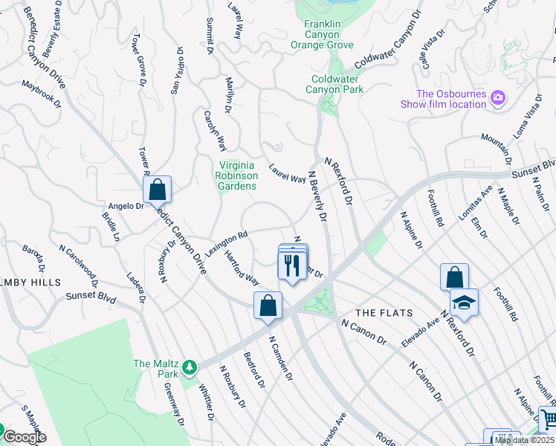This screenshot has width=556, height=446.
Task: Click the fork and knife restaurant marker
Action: coord(291,265)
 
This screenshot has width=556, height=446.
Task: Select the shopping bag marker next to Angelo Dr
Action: coord(157,190)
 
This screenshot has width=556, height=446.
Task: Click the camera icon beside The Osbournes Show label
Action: coord(497,98)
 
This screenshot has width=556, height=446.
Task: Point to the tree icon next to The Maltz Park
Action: coord(190,366)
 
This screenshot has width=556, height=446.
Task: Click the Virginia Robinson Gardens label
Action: coord(237,175)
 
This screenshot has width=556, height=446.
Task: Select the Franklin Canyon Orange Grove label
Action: coord(332,34)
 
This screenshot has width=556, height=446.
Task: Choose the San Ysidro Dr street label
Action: coord(177,72)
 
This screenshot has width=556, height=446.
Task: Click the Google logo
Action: coord(24,437)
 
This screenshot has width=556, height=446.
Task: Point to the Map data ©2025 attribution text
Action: coord(525,440)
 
